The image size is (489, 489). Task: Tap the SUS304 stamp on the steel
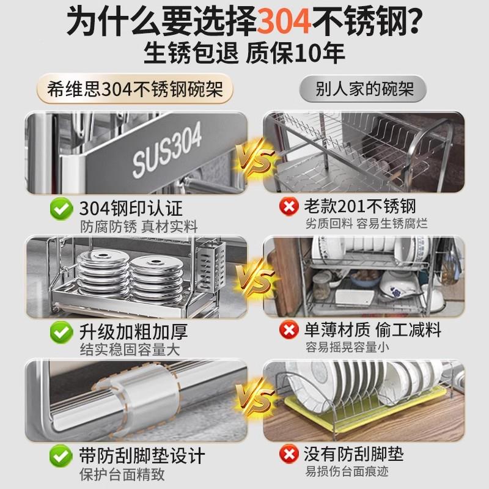pyautogui.click(x=166, y=150)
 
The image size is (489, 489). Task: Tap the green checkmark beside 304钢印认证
pyautogui.click(x=61, y=208)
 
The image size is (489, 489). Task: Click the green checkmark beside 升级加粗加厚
pyautogui.click(x=61, y=333)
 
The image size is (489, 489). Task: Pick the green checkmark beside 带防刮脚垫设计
pyautogui.click(x=61, y=455)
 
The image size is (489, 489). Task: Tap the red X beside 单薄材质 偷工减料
pyautogui.click(x=288, y=331)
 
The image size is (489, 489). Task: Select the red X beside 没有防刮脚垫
pyautogui.click(x=288, y=455)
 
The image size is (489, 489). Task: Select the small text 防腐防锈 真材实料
pyautogui.click(x=139, y=226)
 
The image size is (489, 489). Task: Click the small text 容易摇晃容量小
pyautogui.click(x=348, y=348)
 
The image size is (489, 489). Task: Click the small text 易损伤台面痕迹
pyautogui.click(x=348, y=472)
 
